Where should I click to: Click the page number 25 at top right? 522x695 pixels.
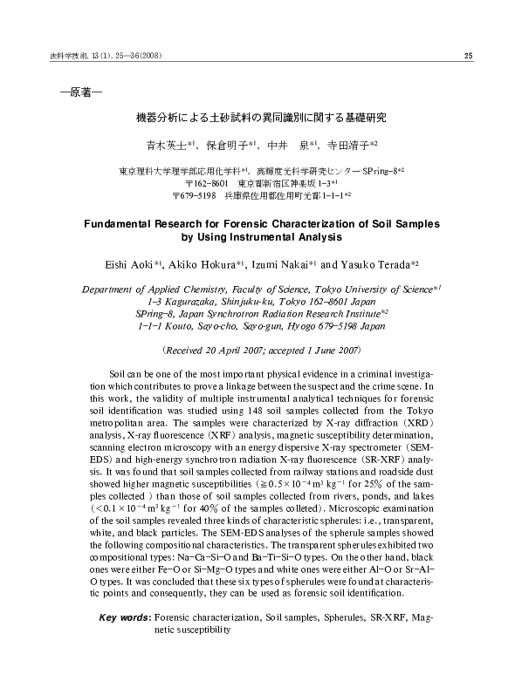tap(467, 58)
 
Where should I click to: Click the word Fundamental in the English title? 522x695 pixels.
tap(128, 224)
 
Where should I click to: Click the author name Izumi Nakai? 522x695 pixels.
tap(279, 262)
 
